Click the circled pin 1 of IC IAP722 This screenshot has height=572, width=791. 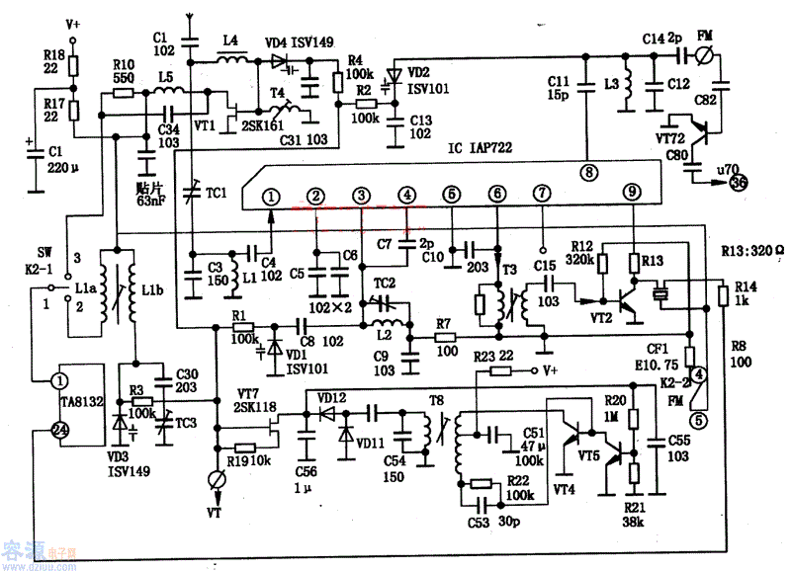[x=270, y=196]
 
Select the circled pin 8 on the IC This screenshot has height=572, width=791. [x=588, y=170]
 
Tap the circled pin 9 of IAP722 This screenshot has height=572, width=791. [x=632, y=191]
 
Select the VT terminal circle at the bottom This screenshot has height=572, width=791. [x=216, y=480]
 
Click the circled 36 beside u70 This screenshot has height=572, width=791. [x=739, y=182]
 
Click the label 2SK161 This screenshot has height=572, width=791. [x=260, y=126]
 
